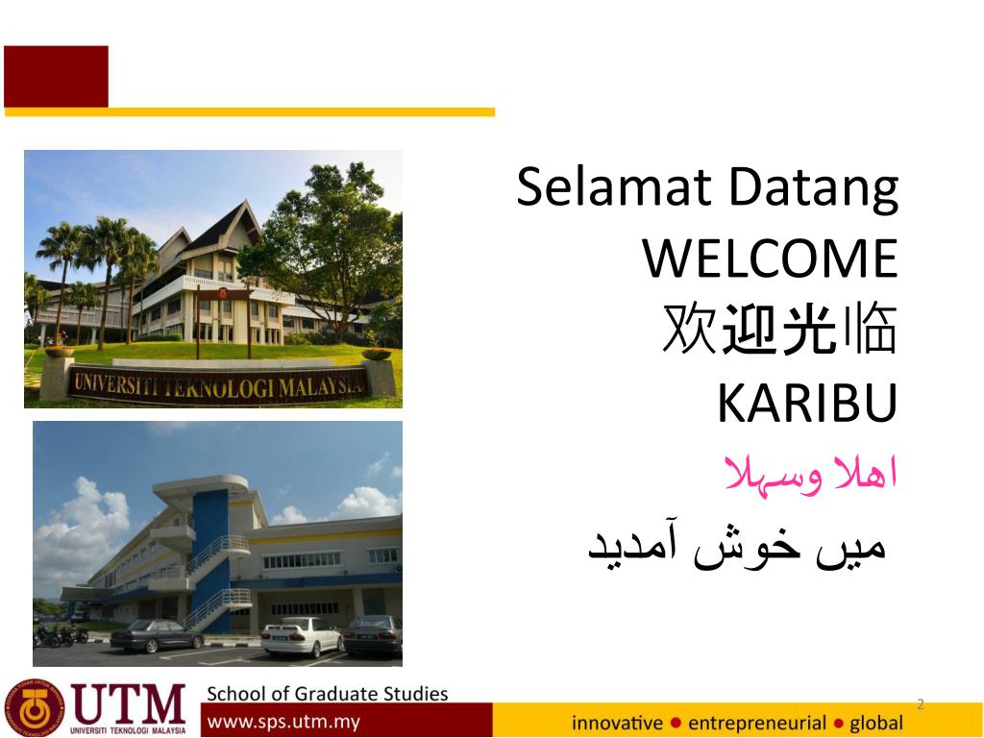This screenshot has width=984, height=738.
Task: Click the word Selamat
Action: pyautogui.click(x=614, y=186)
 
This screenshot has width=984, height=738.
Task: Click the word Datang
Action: pyautogui.click(x=814, y=189)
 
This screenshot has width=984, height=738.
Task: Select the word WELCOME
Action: pyautogui.click(x=770, y=258)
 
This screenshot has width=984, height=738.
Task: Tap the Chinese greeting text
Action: pyautogui.click(x=779, y=329)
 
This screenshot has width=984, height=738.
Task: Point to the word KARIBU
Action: pyautogui.click(x=807, y=403)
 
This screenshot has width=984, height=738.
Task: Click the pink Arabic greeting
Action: pyautogui.click(x=810, y=476)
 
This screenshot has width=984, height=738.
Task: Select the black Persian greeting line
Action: pyautogui.click(x=737, y=547)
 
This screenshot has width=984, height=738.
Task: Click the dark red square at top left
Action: pyautogui.click(x=56, y=76)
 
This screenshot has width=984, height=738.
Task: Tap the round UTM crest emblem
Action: pyautogui.click(x=35, y=708)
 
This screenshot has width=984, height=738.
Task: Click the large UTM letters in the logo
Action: pyautogui.click(x=128, y=703)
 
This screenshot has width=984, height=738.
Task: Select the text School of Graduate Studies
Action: pyautogui.click(x=327, y=694)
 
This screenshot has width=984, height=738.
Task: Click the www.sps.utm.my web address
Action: pyautogui.click(x=283, y=722)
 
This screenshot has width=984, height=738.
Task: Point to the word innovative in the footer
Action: pyautogui.click(x=617, y=723)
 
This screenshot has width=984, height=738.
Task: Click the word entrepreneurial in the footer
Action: pyautogui.click(x=757, y=724)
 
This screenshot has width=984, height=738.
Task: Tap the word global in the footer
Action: pyautogui.click(x=876, y=724)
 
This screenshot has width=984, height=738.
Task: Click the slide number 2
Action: pyautogui.click(x=921, y=704)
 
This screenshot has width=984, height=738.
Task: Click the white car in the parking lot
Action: pyautogui.click(x=302, y=636)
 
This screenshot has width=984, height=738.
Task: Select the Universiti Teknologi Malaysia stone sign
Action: pyautogui.click(x=218, y=382)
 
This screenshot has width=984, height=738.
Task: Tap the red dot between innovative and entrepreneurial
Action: pyautogui.click(x=676, y=723)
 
